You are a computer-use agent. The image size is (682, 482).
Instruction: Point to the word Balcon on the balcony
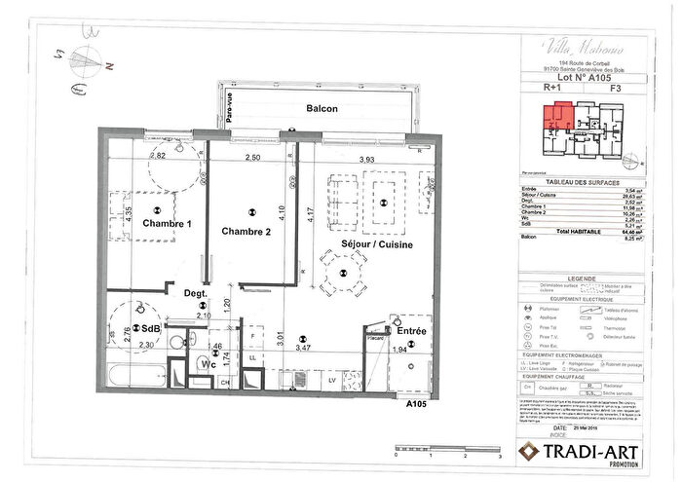click(322, 109)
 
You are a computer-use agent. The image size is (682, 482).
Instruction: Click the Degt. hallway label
click(197, 291)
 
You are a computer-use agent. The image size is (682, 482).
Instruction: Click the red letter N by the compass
click(110, 66)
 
